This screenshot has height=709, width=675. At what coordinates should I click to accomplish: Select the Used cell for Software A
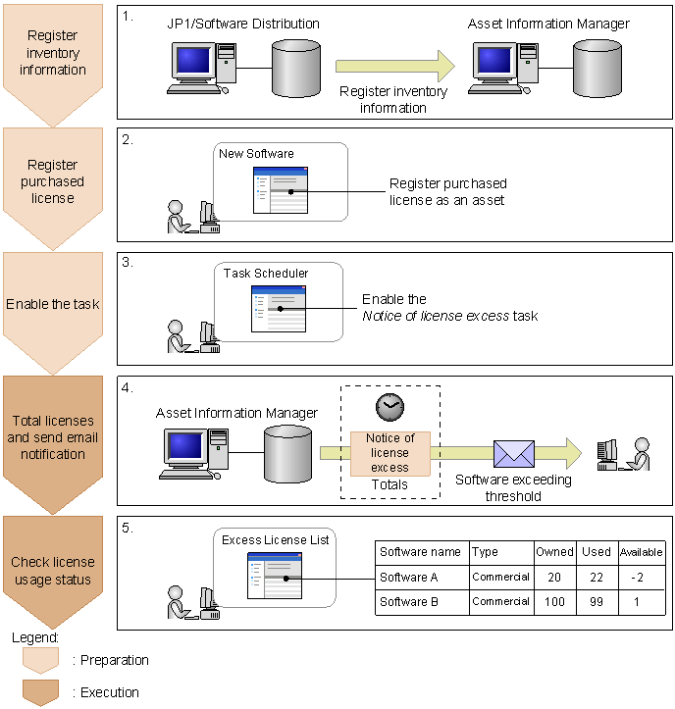tap(597, 577)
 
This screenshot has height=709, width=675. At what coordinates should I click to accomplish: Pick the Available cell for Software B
tap(642, 601)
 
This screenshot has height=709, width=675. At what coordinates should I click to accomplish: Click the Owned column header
tap(554, 552)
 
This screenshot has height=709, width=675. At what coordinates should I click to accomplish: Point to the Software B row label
tap(409, 601)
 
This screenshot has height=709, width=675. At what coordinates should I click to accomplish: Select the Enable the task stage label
tap(52, 304)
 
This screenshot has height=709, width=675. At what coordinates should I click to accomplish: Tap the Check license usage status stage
tap(52, 571)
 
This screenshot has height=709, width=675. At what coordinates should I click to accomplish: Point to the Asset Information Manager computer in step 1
tap(500, 69)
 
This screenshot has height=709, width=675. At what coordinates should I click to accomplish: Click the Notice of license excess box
tap(389, 453)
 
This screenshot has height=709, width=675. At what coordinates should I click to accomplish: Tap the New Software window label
tap(256, 154)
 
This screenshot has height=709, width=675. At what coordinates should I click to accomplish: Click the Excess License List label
tap(275, 540)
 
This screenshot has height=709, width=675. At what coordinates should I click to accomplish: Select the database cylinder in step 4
tap(288, 454)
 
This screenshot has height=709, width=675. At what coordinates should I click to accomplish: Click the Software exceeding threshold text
tap(513, 487)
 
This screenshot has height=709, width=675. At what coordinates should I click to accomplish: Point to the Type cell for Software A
tap(500, 577)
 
